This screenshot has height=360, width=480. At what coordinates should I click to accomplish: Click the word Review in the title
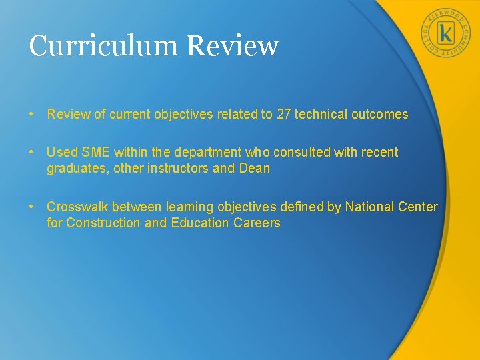click(233, 46)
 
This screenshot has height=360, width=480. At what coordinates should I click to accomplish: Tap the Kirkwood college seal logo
click(445, 33)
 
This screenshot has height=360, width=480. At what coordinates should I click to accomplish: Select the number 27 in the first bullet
click(283, 114)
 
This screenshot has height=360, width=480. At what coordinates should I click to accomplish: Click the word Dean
click(254, 168)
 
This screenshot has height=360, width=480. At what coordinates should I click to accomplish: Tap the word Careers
click(257, 223)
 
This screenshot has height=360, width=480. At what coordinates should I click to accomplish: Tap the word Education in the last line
click(199, 223)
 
